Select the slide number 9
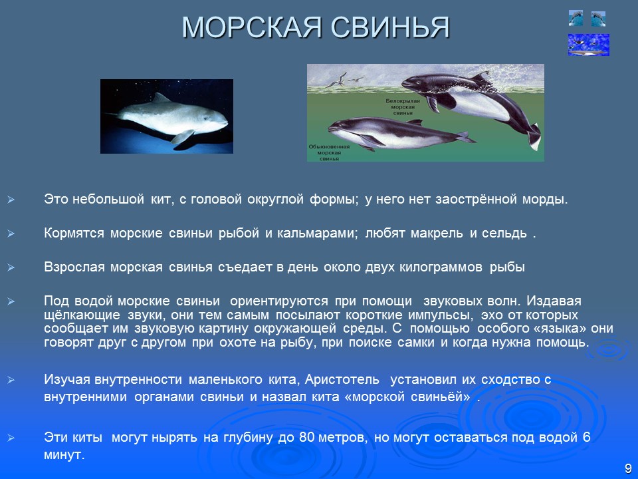(x=627, y=468)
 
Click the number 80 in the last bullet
(x=306, y=438)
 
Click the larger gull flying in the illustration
(x=340, y=80)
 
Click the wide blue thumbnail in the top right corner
(x=588, y=45)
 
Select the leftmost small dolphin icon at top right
(x=576, y=19)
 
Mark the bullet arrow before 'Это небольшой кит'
(x=10, y=200)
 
